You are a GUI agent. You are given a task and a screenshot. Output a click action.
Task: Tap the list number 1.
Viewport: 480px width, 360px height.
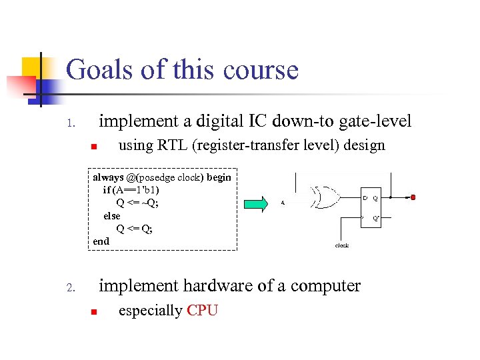click(x=74, y=124)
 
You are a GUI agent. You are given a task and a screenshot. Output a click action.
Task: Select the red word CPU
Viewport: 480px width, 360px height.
click(x=203, y=311)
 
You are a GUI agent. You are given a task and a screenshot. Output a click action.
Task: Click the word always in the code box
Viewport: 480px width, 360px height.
click(x=107, y=177)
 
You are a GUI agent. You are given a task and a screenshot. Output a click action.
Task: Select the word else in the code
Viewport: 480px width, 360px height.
click(x=112, y=216)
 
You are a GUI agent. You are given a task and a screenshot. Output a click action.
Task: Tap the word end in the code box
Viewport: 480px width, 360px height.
click(x=101, y=241)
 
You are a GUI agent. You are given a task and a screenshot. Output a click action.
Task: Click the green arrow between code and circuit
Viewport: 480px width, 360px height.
click(x=255, y=203)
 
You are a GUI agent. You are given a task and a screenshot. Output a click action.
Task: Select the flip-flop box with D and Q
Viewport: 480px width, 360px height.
click(x=371, y=207)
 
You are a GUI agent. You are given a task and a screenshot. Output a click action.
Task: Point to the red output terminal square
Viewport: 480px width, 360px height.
click(x=413, y=197)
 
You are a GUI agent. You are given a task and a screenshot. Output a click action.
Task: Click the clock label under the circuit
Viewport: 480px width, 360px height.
click(x=341, y=245)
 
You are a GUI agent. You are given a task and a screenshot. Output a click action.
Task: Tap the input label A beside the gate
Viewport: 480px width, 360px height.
click(x=283, y=203)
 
